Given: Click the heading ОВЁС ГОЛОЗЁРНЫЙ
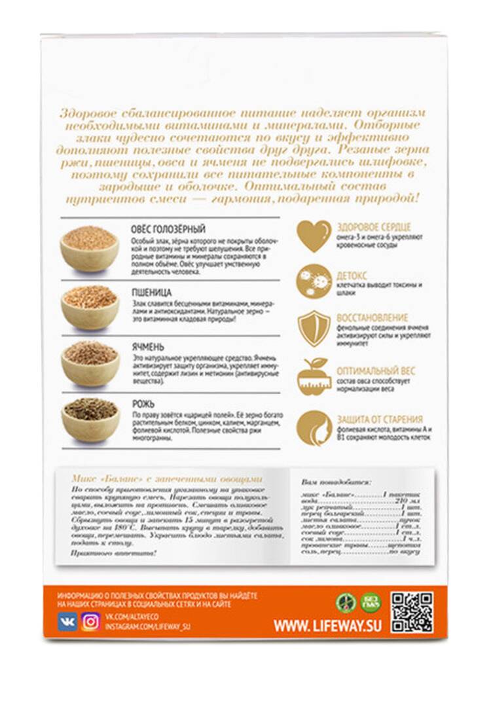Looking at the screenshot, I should pyautogui.click(x=168, y=228).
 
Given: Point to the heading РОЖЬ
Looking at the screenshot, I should pyautogui.click(x=144, y=404).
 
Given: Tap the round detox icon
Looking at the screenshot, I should pyautogui.click(x=314, y=282).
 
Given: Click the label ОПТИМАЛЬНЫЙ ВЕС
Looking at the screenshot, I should pyautogui.click(x=375, y=370).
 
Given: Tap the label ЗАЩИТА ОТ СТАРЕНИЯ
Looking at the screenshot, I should pyautogui.click(x=379, y=419).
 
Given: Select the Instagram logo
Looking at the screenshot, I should pyautogui.click(x=90, y=621).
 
